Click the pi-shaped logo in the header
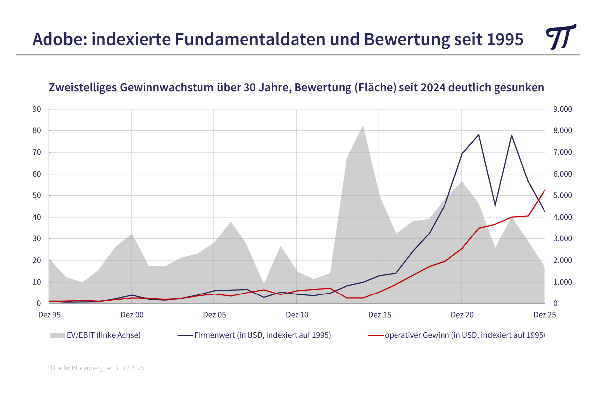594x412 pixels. [561, 37]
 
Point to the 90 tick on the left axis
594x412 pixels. [37, 109]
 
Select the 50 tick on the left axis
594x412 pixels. [37, 195]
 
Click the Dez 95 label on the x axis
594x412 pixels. [49, 315]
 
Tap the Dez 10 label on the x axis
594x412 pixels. [297, 315]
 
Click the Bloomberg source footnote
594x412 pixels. [98, 368]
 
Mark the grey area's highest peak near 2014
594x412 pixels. [363, 125]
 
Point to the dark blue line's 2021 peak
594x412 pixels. [479, 135]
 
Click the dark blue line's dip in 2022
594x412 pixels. [495, 206]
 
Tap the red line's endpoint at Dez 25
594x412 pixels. [544, 190]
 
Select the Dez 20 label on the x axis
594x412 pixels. [461, 315]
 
